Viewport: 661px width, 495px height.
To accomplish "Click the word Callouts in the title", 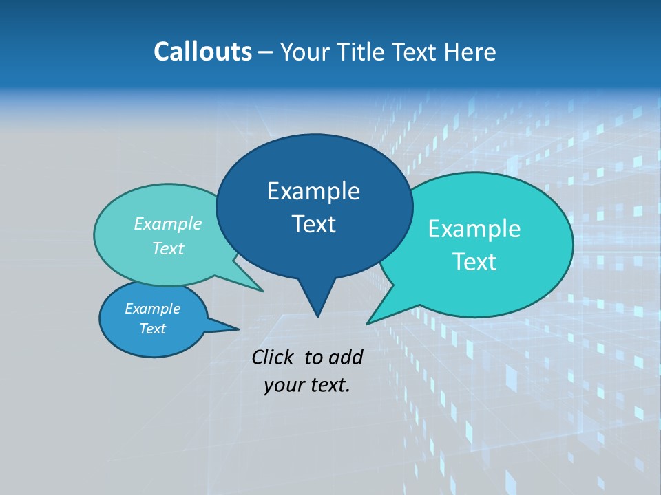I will point(202,52).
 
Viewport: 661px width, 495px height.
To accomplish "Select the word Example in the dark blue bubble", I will point(313,191).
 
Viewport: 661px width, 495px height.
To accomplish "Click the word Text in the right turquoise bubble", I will point(474,262).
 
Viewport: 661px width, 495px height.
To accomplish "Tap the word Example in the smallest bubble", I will point(152,309).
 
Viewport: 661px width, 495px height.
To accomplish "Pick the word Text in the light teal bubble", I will point(167,249).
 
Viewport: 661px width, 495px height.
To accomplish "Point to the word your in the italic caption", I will point(283,385).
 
